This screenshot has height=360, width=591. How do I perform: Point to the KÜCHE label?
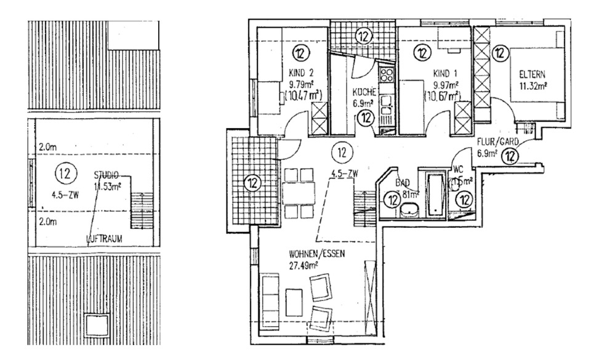pos(364,94)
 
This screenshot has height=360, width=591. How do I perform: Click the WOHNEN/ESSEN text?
pos(313,254)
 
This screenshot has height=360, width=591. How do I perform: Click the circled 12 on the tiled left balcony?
pos(252,182)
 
